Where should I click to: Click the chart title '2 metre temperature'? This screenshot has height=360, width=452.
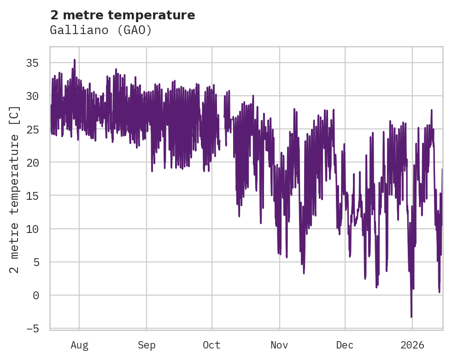click(123, 15)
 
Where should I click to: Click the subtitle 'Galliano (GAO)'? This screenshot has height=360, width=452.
click(101, 30)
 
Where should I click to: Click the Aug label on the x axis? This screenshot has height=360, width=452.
click(79, 345)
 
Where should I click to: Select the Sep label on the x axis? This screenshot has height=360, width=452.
click(147, 345)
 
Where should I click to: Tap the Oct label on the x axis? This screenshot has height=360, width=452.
click(212, 345)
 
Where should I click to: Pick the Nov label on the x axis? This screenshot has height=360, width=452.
click(279, 345)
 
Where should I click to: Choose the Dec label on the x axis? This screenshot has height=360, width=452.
click(345, 345)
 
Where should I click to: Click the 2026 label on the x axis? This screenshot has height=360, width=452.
click(412, 345)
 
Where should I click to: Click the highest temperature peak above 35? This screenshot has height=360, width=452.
click(74, 60)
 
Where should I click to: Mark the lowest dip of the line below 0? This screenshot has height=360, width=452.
click(411, 317)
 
